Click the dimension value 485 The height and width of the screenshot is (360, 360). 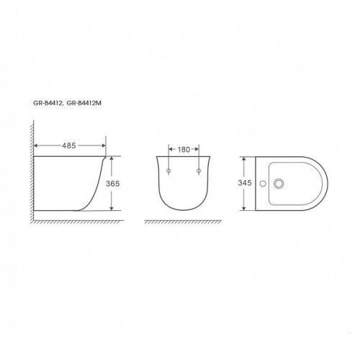coord(69,145)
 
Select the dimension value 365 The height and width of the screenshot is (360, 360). coord(113,184)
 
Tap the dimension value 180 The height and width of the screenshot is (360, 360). coord(184,150)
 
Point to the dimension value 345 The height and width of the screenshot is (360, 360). coord(245,183)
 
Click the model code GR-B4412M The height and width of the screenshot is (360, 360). coord(84,104)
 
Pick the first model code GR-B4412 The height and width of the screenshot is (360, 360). coord(48,104)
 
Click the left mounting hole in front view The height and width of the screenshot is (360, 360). coord(168,171)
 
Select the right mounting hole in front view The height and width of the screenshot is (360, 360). coord(199,171)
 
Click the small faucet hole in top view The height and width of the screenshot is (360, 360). coord(263,184)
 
